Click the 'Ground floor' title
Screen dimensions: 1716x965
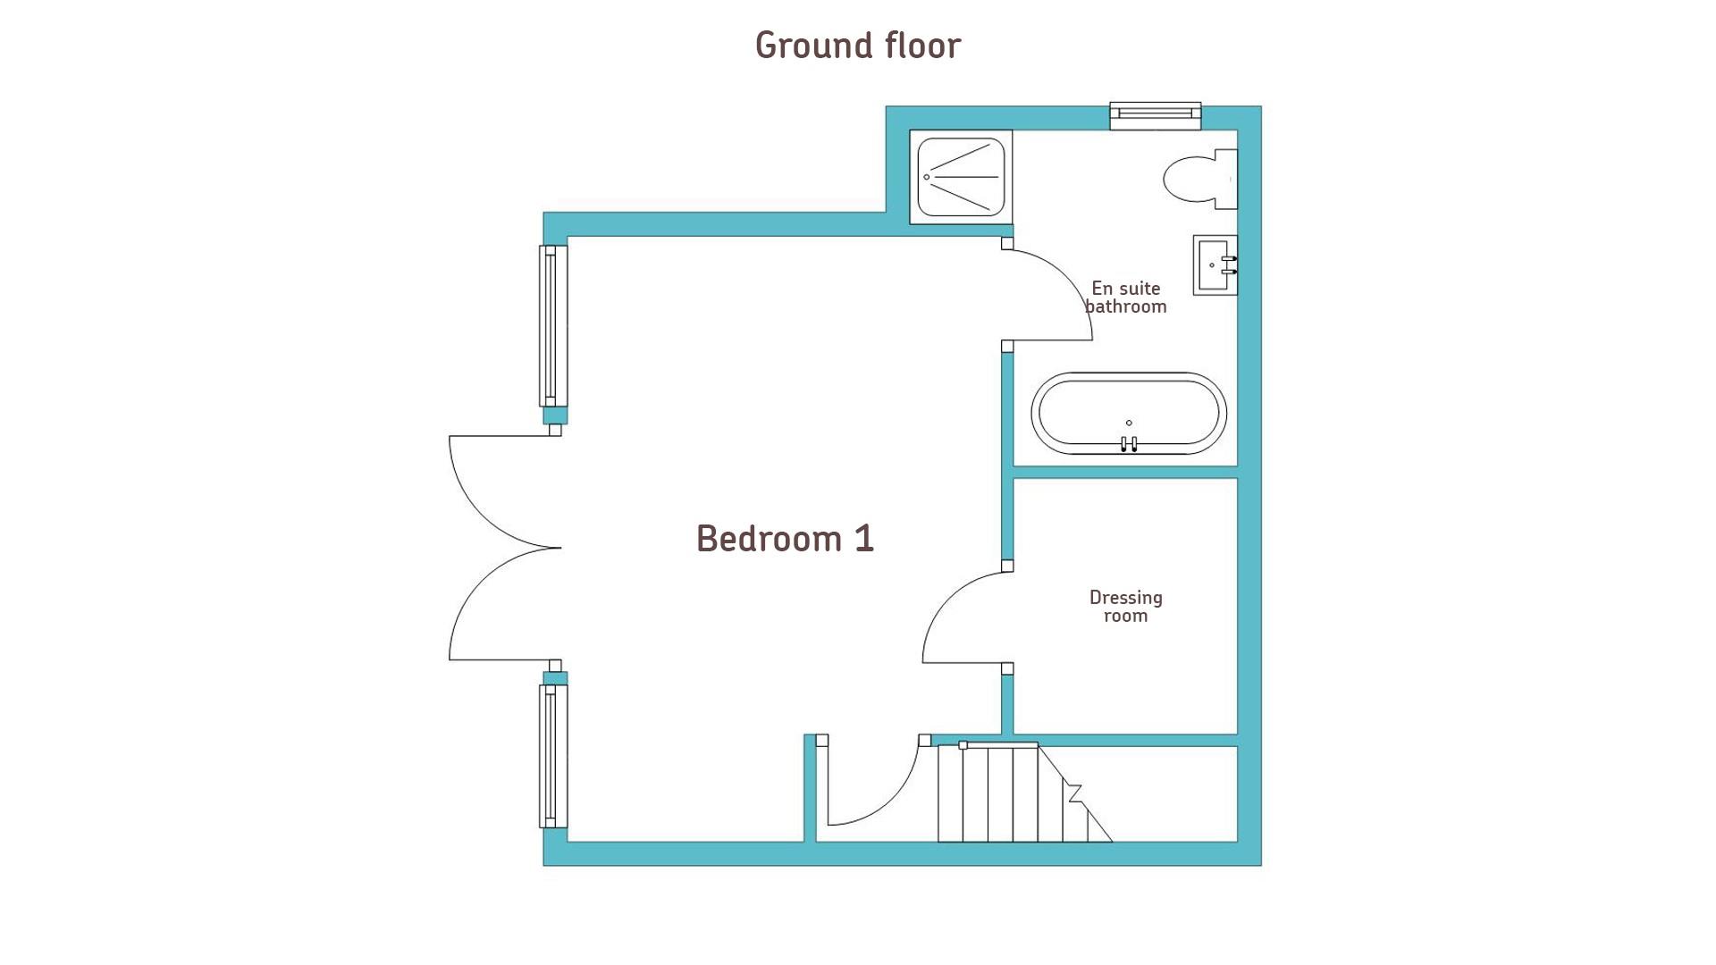point(858,46)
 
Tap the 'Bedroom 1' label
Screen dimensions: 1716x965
point(785,539)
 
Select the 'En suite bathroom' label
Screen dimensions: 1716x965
point(1126,298)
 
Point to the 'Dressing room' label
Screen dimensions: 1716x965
point(1126,606)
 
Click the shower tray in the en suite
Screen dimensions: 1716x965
point(961,177)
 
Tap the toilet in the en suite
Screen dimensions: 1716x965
point(1200,179)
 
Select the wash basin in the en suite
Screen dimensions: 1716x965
point(1215,264)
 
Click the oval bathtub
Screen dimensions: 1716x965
point(1129,414)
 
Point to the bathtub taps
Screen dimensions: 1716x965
point(1129,443)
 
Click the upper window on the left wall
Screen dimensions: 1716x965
point(553,326)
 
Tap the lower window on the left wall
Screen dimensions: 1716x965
point(553,756)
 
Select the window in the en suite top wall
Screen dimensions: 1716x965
point(1156,116)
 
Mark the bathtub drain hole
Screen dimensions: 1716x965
point(1129,423)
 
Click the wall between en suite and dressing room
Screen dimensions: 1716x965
point(1125,472)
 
